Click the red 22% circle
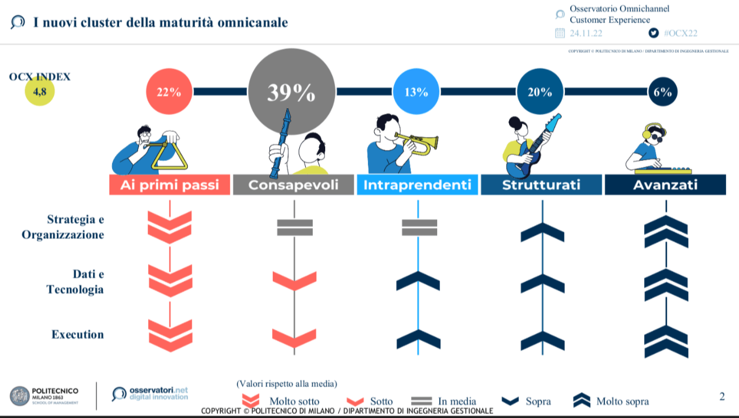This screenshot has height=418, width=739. pyautogui.click(x=169, y=91)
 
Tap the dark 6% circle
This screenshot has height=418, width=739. pyautogui.click(x=663, y=91)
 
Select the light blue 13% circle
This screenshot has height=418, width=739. pyautogui.click(x=416, y=91)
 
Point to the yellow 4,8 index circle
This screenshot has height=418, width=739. pyautogui.click(x=39, y=91)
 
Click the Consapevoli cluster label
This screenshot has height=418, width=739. pyautogui.click(x=293, y=184)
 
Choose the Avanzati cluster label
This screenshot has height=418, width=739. pyautogui.click(x=665, y=184)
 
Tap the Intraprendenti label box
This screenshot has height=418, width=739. pyautogui.click(x=417, y=184)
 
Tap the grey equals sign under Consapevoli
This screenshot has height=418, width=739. pyautogui.click(x=295, y=228)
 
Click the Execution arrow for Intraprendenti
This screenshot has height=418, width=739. pyautogui.click(x=418, y=339)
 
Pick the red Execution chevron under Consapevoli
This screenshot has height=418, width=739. pyautogui.click(x=294, y=338)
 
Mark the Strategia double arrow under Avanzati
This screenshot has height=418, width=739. pyautogui.click(x=666, y=231)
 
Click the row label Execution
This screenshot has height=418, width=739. pyautogui.click(x=77, y=334)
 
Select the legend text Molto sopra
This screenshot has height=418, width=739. pyautogui.click(x=623, y=401)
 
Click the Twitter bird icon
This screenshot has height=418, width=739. pyautogui.click(x=653, y=33)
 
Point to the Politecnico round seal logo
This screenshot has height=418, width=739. pyautogui.click(x=19, y=396)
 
